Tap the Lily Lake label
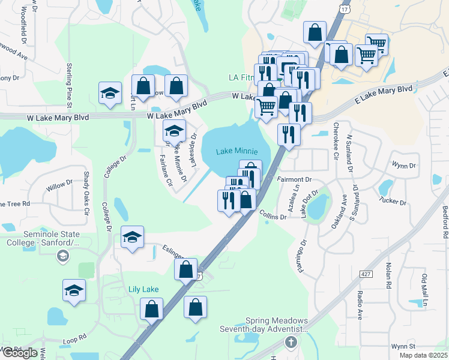coord(143,289)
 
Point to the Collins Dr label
coord(273,215)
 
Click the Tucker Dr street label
coord(394,201)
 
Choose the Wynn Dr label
coord(403,164)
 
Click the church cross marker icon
coord(291,343)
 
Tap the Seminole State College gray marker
coord(62,257)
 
